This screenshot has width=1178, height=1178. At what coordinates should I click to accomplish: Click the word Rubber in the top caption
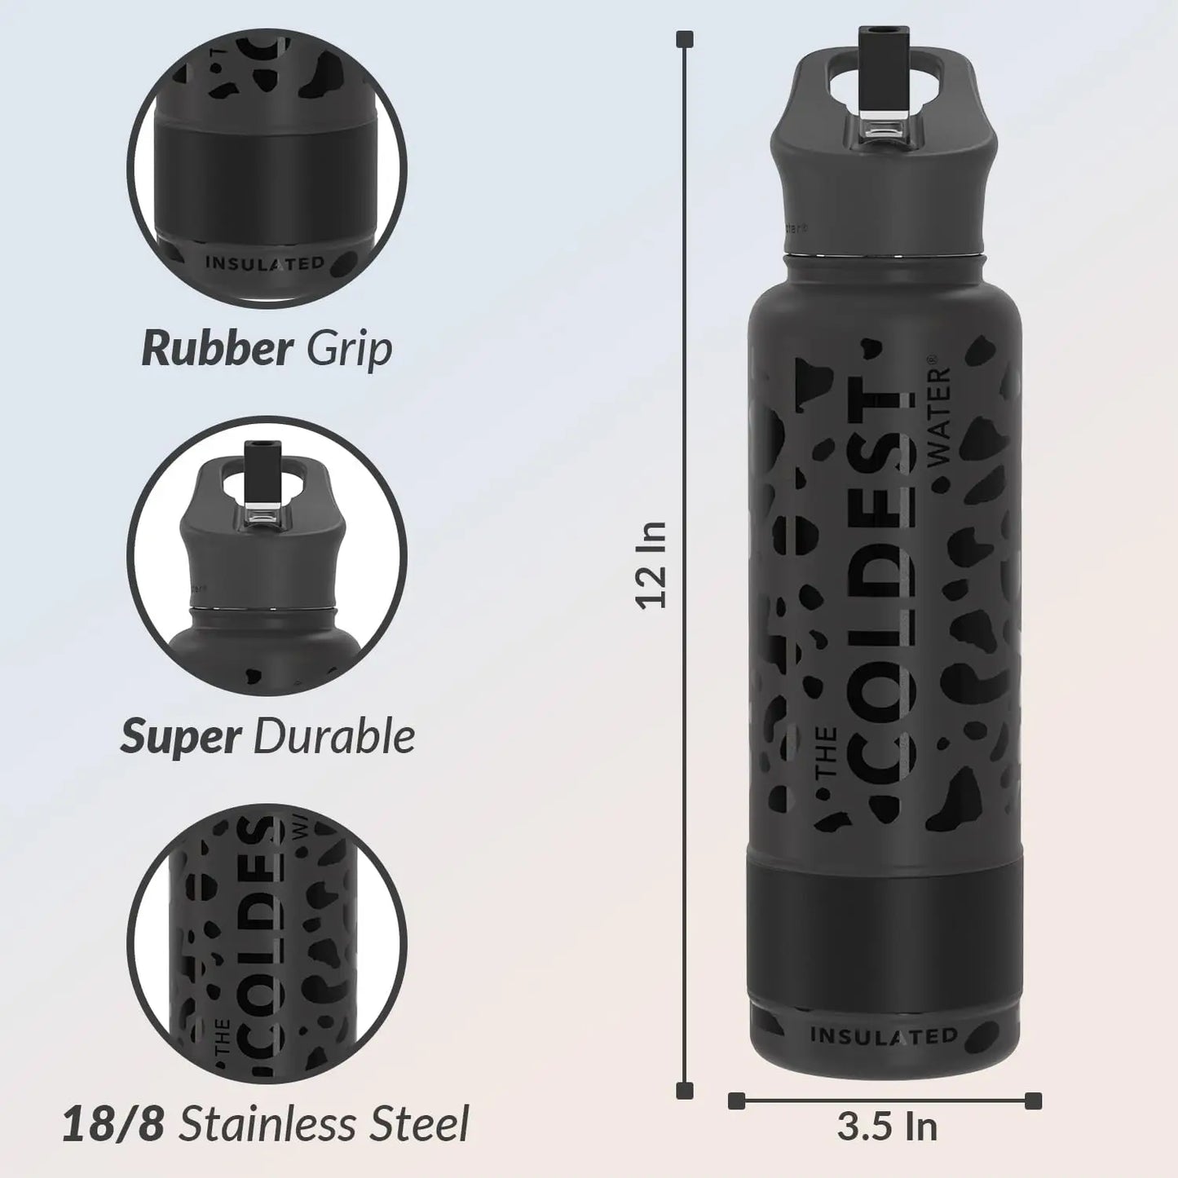[216, 349]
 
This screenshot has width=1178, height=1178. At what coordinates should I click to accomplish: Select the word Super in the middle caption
[180, 736]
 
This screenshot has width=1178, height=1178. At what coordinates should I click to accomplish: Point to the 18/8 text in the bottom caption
[114, 1124]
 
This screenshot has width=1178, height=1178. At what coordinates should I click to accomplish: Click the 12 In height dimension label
[652, 564]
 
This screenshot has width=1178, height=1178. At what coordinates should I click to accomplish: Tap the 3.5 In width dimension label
[887, 1127]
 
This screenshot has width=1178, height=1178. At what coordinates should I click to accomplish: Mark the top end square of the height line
[686, 38]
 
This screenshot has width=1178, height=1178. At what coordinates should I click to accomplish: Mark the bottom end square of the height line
[686, 1090]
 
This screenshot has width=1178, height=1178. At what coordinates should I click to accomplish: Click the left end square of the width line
[736, 1101]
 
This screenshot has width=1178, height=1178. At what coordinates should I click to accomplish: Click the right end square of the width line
[1034, 1101]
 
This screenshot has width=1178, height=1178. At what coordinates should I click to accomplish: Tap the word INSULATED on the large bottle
[884, 1035]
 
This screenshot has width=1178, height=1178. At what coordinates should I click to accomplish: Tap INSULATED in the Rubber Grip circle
[265, 263]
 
